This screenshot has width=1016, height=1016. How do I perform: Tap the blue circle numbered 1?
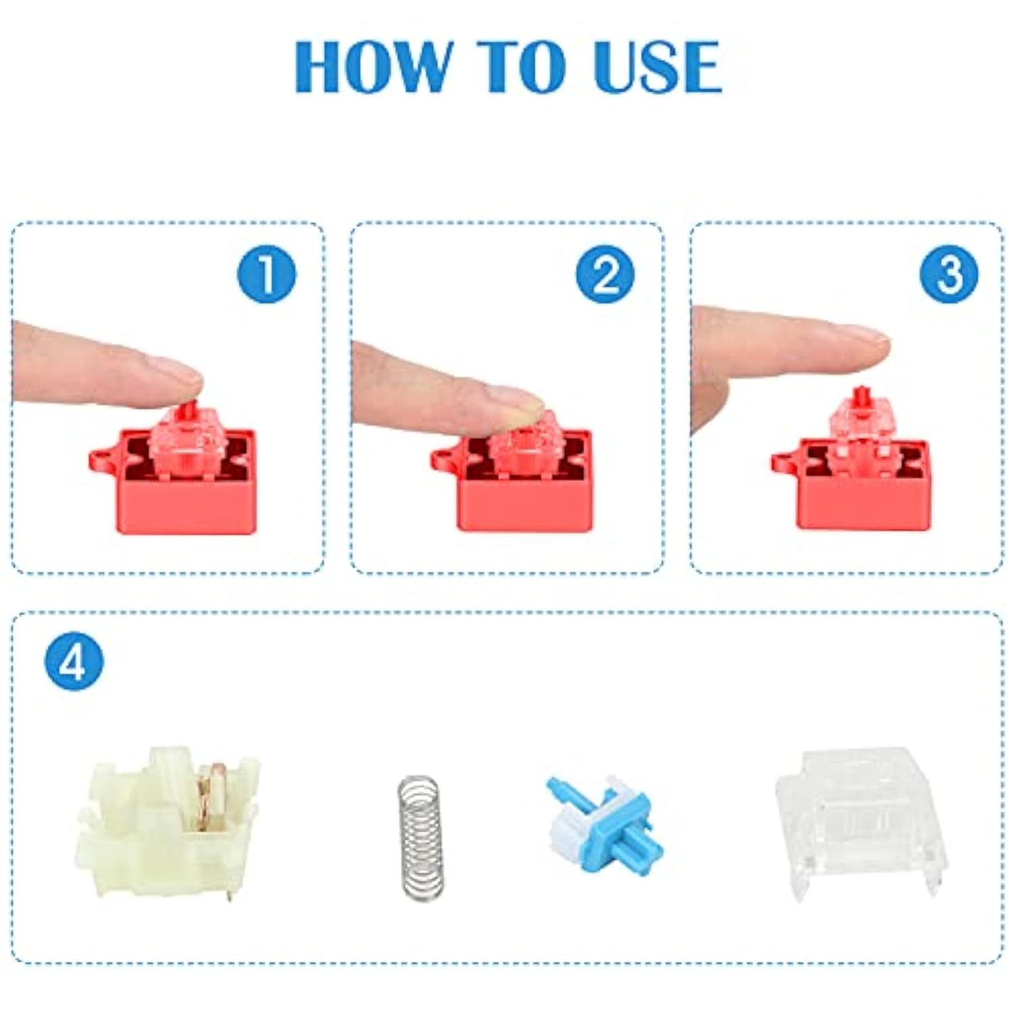point(266,274)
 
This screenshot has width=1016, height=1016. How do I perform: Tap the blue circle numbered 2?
point(605,274)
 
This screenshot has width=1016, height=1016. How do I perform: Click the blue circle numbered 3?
point(948,274)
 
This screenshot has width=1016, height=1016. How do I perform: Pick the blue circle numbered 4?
point(74,661)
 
